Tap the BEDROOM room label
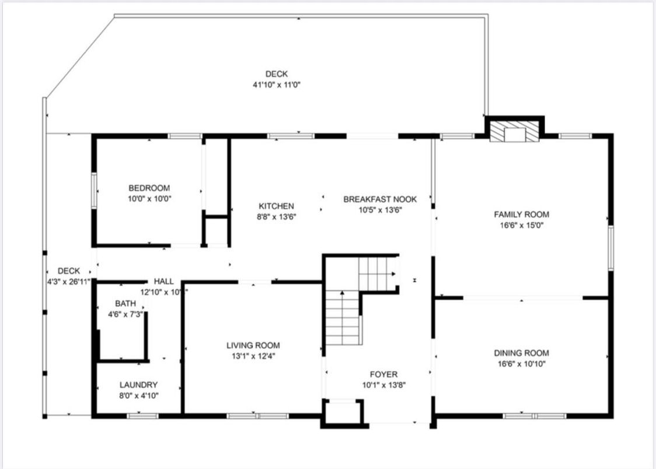[149, 188]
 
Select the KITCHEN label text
[276, 206]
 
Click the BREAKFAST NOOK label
[380, 199]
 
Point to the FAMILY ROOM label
[521, 214]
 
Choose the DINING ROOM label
[521, 353]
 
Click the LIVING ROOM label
[253, 345]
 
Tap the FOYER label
[383, 374]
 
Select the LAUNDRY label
[138, 385]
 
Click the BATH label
[125, 303]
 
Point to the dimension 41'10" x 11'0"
[276, 85]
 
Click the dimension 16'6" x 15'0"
[521, 225]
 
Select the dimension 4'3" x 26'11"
[69, 281]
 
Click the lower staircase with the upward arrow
[342, 318]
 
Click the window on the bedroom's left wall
[93, 190]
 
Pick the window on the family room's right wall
[610, 248]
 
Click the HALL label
[163, 281]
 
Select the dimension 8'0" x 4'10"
[138, 395]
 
